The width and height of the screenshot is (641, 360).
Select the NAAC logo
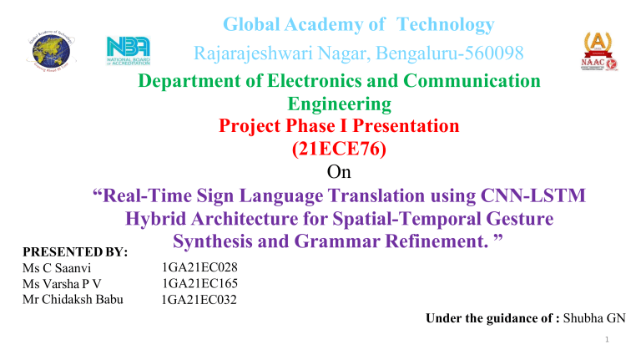[592, 52]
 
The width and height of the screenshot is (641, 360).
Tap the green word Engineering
[338, 104]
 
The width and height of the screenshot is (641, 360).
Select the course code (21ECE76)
[338, 150]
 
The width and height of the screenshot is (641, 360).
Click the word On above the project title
[339, 173]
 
